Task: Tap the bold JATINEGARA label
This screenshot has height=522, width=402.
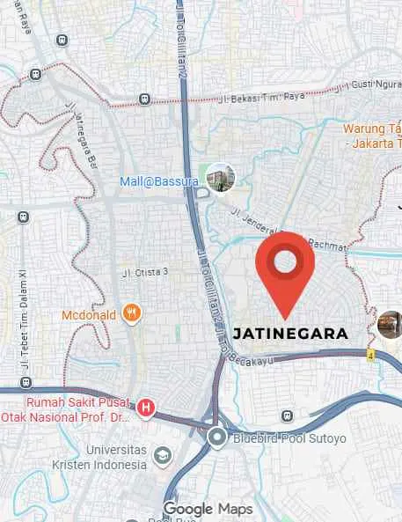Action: coord(290,334)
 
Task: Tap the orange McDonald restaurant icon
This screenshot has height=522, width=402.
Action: coord(132,312)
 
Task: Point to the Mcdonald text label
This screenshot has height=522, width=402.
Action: coord(90,315)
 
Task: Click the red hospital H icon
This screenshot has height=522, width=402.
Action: coord(146,407)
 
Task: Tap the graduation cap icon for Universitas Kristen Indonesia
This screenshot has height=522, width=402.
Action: coord(162,454)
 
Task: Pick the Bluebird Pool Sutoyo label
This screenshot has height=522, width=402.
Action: coord(289,437)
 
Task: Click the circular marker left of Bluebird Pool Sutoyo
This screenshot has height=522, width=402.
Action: coord(217,437)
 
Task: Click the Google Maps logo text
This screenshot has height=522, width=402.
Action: coord(208,509)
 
